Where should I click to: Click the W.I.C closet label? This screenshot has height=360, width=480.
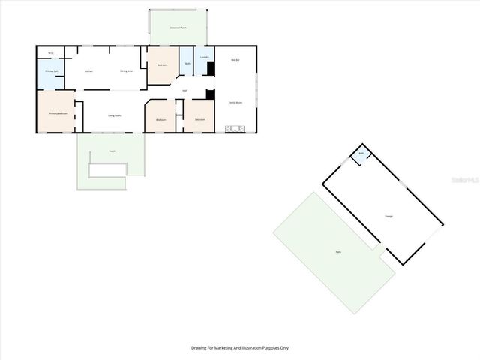[50, 53]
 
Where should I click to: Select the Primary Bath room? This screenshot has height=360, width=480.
[51, 72]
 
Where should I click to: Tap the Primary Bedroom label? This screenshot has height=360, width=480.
[58, 113]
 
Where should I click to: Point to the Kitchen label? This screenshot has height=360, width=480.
[88, 71]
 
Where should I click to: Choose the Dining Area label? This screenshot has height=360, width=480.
[127, 71]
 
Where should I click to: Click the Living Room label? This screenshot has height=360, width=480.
[114, 115]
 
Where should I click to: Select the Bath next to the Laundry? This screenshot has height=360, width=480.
[187, 63]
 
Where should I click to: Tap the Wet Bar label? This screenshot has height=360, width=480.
[235, 60]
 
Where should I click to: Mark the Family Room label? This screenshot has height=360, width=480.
[235, 102]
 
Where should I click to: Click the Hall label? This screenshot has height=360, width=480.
[184, 91]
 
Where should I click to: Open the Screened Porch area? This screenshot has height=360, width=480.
[178, 27]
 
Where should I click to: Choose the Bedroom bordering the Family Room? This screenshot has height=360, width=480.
[199, 120]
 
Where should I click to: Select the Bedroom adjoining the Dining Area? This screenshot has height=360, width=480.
[162, 66]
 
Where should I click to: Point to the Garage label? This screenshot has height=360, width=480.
[389, 216]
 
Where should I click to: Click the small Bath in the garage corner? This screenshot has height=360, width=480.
[361, 154]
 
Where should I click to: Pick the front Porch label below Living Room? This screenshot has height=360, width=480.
[112, 151]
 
